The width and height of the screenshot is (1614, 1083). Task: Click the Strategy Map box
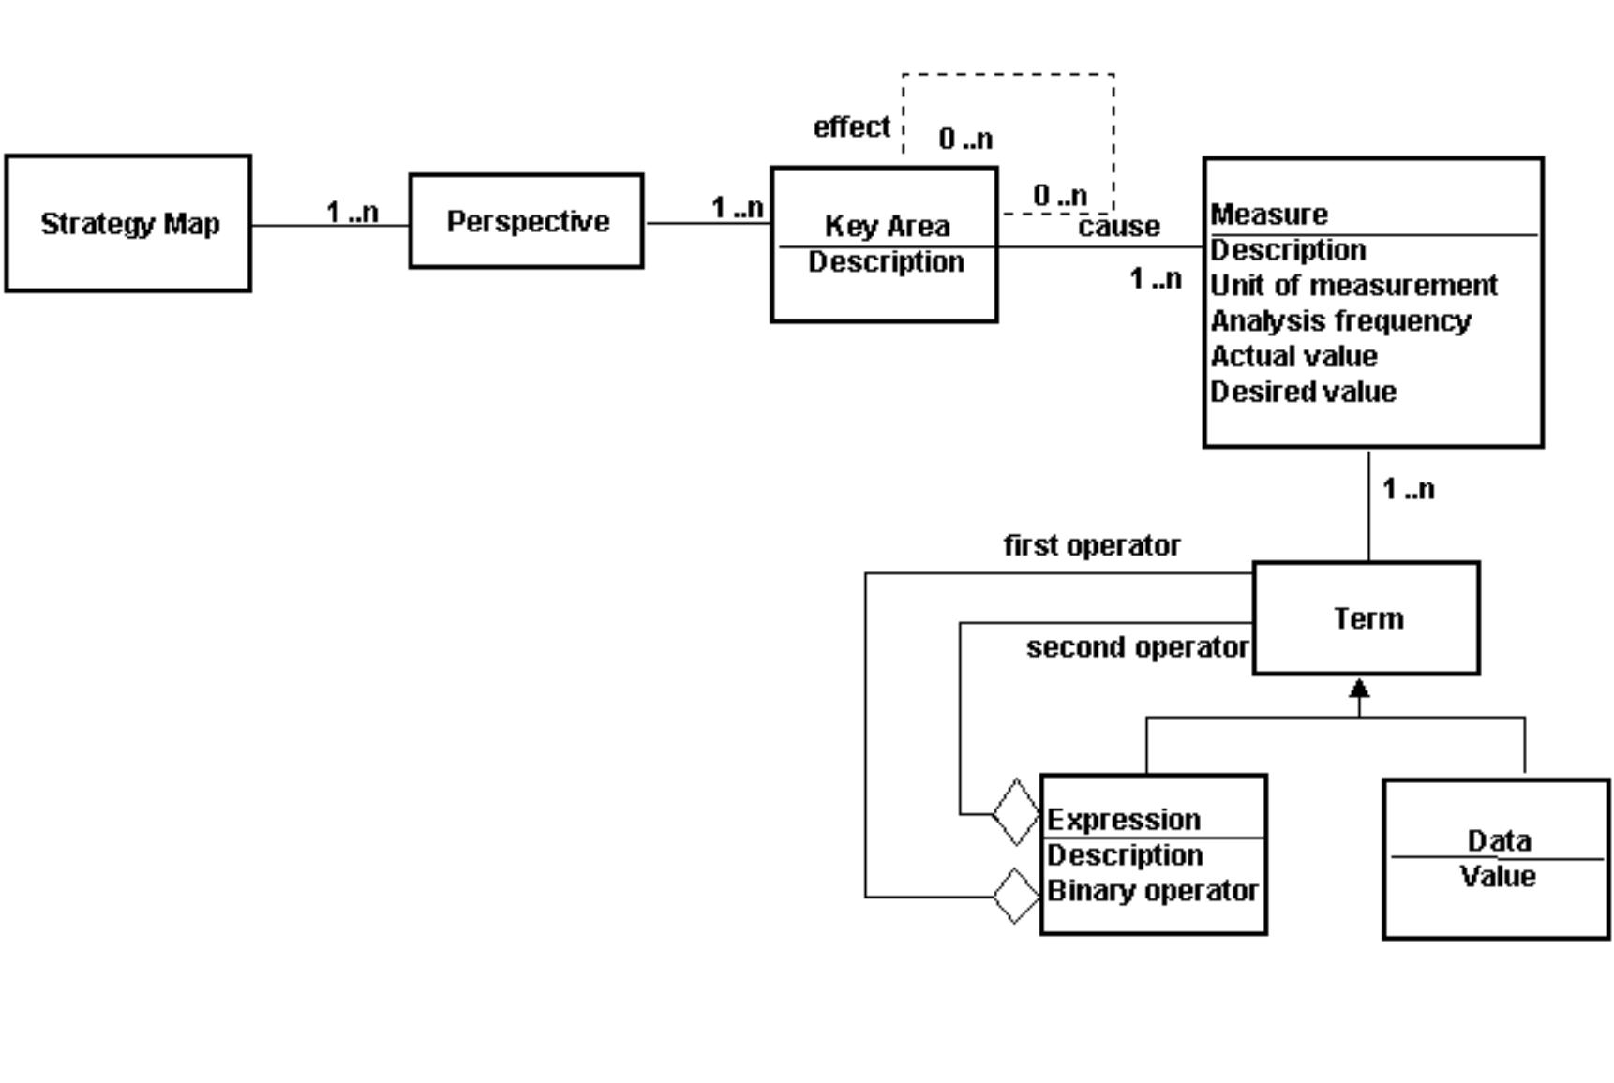pyautogui.click(x=128, y=224)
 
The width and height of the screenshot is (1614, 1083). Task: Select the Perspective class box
pyautogui.click(x=527, y=221)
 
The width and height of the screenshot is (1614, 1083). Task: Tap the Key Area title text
pyautogui.click(x=887, y=226)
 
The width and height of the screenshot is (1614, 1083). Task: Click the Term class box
pyautogui.click(x=1367, y=618)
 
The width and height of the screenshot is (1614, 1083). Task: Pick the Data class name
pyautogui.click(x=1498, y=840)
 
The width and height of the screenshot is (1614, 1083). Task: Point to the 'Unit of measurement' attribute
pyautogui.click(x=1353, y=285)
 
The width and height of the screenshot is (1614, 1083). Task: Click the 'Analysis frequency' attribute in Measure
pyautogui.click(x=1340, y=320)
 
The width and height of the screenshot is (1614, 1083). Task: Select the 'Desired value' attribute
pyautogui.click(x=1303, y=392)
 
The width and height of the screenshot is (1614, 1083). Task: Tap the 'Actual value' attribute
pyautogui.click(x=1293, y=356)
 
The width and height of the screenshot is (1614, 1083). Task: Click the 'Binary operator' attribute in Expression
pyautogui.click(x=1152, y=890)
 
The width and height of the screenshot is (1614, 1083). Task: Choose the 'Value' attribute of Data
pyautogui.click(x=1498, y=877)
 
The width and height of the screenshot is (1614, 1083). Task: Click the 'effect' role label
pyautogui.click(x=851, y=126)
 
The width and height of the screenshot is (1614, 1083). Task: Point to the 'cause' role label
pyautogui.click(x=1119, y=227)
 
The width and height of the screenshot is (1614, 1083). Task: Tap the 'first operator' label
pyautogui.click(x=1092, y=545)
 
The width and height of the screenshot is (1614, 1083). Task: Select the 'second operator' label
pyautogui.click(x=1137, y=647)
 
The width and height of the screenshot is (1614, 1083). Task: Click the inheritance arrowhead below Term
pyautogui.click(x=1359, y=690)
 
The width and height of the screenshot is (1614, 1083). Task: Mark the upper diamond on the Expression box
pyautogui.click(x=1016, y=812)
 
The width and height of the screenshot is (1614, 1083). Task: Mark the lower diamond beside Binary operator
pyautogui.click(x=1016, y=897)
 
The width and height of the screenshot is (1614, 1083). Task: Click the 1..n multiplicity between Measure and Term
pyautogui.click(x=1408, y=489)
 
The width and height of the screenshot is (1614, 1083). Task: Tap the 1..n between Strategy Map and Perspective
pyautogui.click(x=352, y=213)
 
